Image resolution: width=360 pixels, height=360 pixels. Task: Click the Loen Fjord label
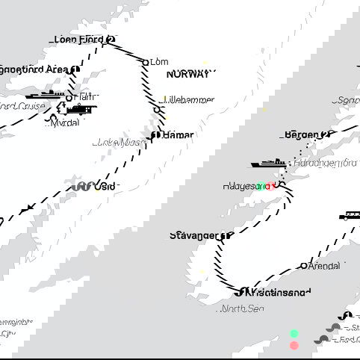click(x=79, y=40)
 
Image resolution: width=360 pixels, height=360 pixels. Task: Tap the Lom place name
click(x=159, y=62)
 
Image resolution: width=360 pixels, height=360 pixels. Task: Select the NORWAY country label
click(x=190, y=74)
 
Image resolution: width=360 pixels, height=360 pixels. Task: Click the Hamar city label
click(x=179, y=135)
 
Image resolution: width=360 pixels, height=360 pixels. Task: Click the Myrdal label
click(x=65, y=123)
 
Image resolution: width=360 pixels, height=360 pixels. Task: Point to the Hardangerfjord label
click(x=326, y=162)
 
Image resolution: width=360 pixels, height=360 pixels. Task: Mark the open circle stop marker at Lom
click(x=146, y=63)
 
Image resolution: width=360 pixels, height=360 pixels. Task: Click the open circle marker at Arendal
click(x=303, y=265)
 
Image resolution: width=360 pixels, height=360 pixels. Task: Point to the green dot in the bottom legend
click(x=294, y=333)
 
